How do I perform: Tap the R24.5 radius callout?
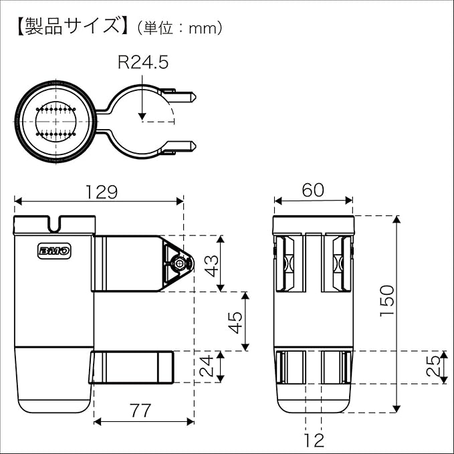(142, 63)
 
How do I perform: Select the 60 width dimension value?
(312, 190)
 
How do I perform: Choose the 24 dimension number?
(209, 366)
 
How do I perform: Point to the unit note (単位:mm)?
(179, 28)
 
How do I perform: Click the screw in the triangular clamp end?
(179, 263)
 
